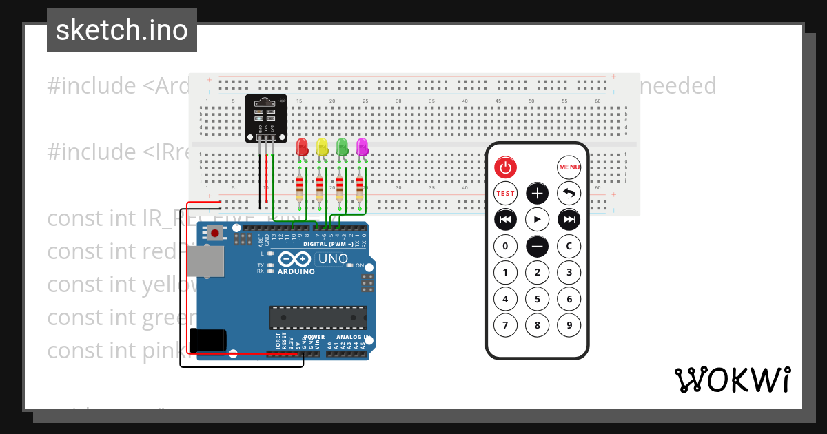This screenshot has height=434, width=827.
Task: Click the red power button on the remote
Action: click(x=505, y=167)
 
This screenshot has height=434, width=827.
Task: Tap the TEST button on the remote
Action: click(x=505, y=194)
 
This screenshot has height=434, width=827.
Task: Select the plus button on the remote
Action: click(x=538, y=194)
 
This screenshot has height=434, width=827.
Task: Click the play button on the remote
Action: click(x=538, y=220)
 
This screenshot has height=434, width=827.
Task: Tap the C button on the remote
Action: click(x=569, y=246)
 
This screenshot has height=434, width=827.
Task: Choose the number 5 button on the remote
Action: click(x=538, y=299)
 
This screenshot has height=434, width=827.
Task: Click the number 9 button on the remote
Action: click(x=569, y=325)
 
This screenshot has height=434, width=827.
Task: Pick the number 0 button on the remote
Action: click(x=505, y=246)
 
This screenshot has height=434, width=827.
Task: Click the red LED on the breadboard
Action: click(x=302, y=147)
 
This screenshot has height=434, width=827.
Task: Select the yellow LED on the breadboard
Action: click(x=322, y=147)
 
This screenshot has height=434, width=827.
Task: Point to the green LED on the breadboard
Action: click(x=342, y=147)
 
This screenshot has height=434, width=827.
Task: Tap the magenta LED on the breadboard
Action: click(x=362, y=147)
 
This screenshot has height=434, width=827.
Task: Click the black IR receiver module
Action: click(x=266, y=117)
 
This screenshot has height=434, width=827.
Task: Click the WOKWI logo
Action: click(x=732, y=380)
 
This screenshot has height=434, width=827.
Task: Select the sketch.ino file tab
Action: click(x=122, y=30)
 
